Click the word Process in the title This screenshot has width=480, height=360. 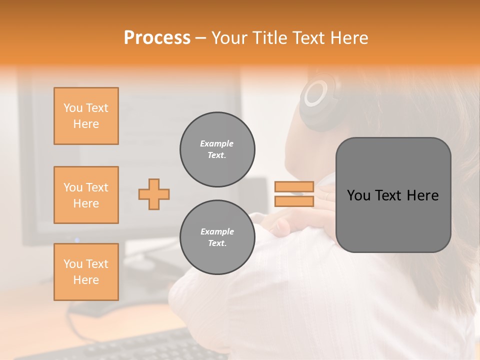click(x=157, y=38)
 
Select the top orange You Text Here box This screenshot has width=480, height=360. click(x=86, y=116)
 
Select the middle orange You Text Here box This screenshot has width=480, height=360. click(x=86, y=195)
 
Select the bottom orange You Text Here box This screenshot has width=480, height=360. click(x=86, y=272)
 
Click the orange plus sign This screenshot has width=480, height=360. click(x=154, y=194)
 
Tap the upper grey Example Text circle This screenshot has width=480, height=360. click(x=217, y=149)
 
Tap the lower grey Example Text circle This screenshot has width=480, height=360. click(x=217, y=237)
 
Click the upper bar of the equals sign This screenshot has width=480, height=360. click(x=294, y=187)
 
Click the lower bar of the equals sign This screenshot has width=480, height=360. click(x=294, y=201)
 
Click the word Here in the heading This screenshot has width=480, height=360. click(x=349, y=38)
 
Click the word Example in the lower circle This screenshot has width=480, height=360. click(x=217, y=231)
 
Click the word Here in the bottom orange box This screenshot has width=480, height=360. click(x=86, y=280)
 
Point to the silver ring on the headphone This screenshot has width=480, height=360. click(x=316, y=93)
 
